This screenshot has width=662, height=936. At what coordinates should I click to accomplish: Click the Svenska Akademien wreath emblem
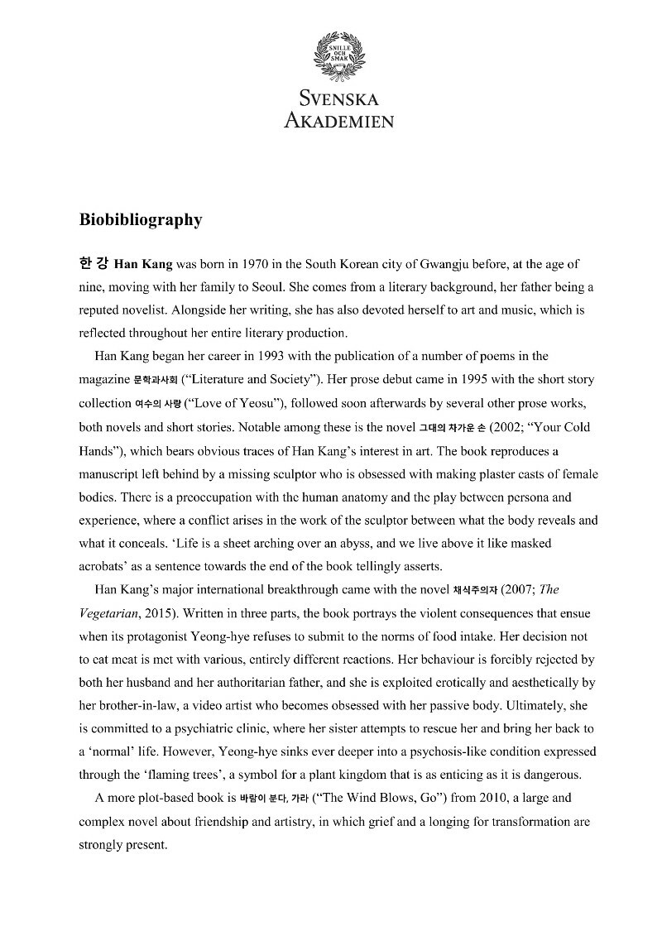click(338, 54)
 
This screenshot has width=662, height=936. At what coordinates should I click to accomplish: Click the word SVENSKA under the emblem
click(339, 99)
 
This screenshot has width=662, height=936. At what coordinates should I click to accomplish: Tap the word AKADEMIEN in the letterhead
click(338, 120)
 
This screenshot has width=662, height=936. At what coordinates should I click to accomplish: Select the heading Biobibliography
click(141, 220)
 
